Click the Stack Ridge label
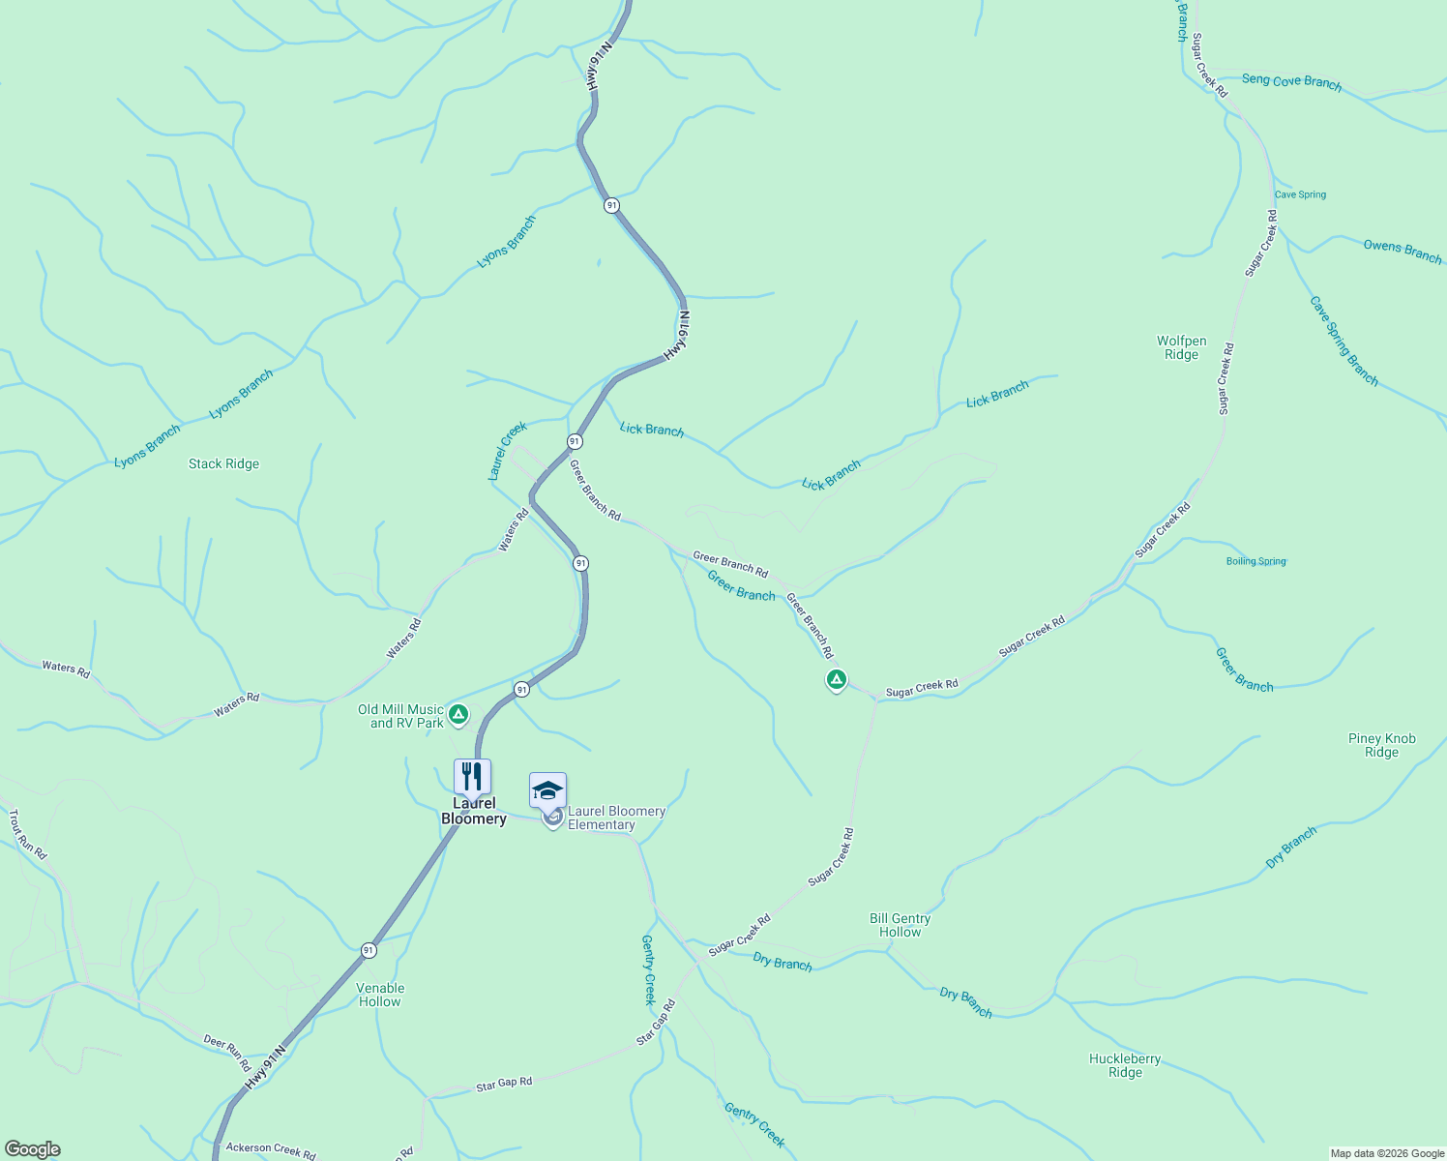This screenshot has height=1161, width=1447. pyautogui.click(x=223, y=464)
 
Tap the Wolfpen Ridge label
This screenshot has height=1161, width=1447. pyautogui.click(x=1181, y=347)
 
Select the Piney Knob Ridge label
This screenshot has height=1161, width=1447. pyautogui.click(x=1381, y=745)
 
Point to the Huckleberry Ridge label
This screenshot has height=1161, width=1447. pyautogui.click(x=1125, y=1065)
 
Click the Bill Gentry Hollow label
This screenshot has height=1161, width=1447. pyautogui.click(x=900, y=925)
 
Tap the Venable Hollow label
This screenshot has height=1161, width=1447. pyautogui.click(x=380, y=995)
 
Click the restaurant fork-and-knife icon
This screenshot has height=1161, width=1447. pyautogui.click(x=472, y=777)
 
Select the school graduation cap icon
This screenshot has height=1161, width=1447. pyautogui.click(x=547, y=791)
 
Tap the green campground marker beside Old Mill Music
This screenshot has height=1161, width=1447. pyautogui.click(x=458, y=715)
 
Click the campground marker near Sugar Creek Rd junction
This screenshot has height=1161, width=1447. pyautogui.click(x=837, y=679)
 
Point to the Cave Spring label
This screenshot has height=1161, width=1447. pyautogui.click(x=1300, y=194)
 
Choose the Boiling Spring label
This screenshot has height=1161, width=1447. pyautogui.click(x=1255, y=561)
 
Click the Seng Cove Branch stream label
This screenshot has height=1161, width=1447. pyautogui.click(x=1291, y=82)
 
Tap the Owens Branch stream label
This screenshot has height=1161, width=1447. pyautogui.click(x=1402, y=251)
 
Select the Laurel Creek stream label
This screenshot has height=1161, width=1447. pyautogui.click(x=507, y=450)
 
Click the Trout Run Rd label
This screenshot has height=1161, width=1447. pyautogui.click(x=27, y=835)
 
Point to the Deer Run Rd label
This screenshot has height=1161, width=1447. pyautogui.click(x=228, y=1051)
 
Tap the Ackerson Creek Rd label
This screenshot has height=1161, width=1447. pyautogui.click(x=270, y=1149)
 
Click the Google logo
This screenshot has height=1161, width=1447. pyautogui.click(x=32, y=1149)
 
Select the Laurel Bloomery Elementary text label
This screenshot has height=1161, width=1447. pyautogui.click(x=615, y=819)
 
